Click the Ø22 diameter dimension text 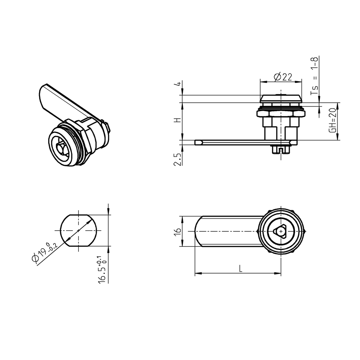pos(282,77)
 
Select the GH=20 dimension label pos(332,120)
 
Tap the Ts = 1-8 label pos(315,76)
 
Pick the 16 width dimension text pos(178,231)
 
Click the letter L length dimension pos(240,269)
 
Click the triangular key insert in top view pos(281,231)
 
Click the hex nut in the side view pos(281,114)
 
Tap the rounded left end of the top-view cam pos(197,231)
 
